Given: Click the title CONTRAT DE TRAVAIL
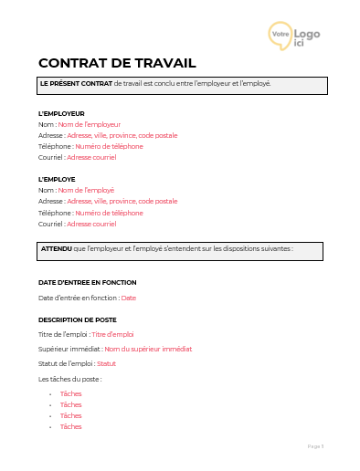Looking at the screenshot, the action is tap(117, 63).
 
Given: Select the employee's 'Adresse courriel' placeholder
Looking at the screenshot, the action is tap(91, 224).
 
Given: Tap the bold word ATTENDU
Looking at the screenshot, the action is tap(57, 248).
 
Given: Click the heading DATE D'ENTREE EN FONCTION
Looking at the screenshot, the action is tap(87, 282).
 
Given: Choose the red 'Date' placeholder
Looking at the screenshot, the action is tap(128, 298).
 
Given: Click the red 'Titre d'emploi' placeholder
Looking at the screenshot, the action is tap(112, 334).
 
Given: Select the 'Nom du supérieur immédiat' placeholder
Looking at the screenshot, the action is tap(148, 349).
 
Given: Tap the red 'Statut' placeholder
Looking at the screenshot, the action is tap(106, 363).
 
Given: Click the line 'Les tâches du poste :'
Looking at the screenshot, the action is tap(70, 378).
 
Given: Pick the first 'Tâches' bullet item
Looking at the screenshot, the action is tap(70, 393).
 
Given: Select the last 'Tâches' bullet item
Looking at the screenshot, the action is tap(70, 426).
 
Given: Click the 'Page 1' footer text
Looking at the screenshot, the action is tap(316, 446).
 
